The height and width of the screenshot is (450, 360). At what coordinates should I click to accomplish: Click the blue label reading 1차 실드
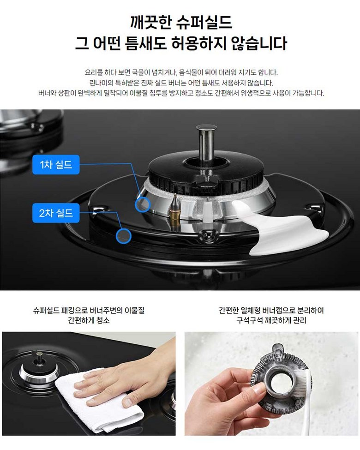(x=56, y=164)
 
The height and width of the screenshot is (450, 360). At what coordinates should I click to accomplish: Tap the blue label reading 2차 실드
(x=56, y=213)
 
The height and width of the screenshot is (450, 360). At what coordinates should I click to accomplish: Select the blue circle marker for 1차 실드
(x=143, y=204)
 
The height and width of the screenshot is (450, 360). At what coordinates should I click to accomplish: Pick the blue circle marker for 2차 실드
(x=124, y=236)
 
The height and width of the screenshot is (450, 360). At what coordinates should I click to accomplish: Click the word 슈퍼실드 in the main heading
(x=204, y=22)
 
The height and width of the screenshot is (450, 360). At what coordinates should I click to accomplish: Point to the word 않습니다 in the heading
(x=259, y=43)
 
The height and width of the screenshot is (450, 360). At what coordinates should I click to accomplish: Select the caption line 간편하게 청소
(x=89, y=320)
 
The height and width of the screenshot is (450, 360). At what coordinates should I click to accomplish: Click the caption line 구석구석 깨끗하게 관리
(x=271, y=320)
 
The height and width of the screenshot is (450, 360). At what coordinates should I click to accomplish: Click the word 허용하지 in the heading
(x=199, y=43)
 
